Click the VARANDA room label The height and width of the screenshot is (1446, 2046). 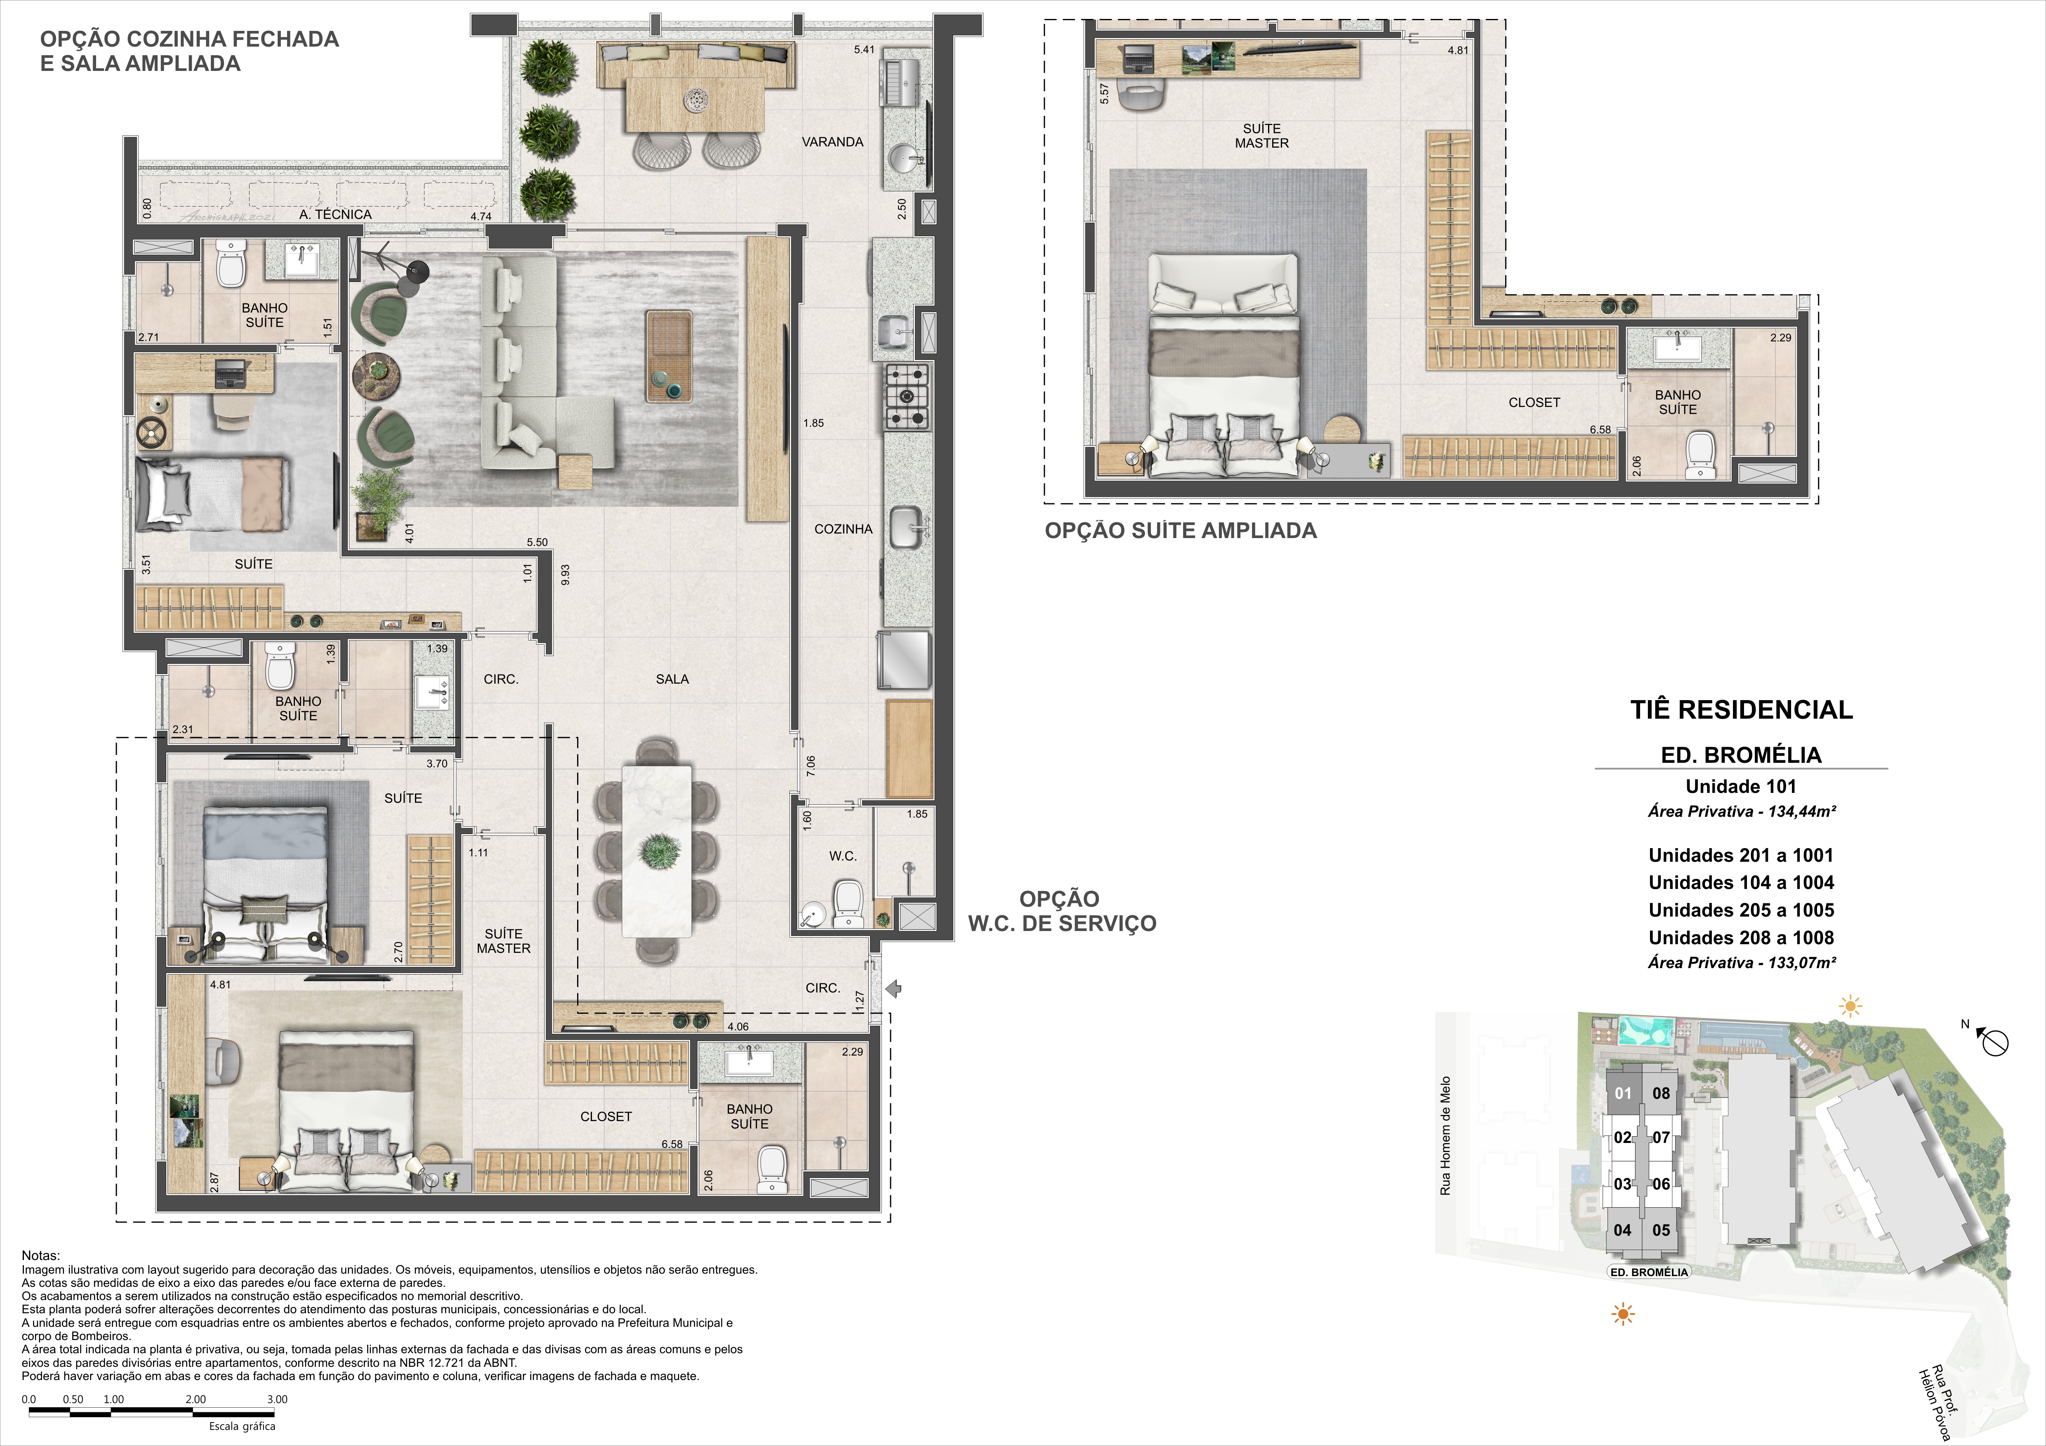[x=832, y=142]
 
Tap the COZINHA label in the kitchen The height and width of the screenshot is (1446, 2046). [x=843, y=529]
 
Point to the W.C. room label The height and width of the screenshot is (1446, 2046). [x=843, y=856]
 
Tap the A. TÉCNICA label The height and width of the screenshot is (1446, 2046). [x=336, y=215]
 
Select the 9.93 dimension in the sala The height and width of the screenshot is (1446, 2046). [x=565, y=575]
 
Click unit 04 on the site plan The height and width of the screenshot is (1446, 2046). [x=1623, y=1230]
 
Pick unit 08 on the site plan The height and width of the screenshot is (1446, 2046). [x=1661, y=1093]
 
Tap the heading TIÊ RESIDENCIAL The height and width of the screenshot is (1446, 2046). [x=1741, y=710]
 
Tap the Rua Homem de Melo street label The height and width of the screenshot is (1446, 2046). [x=1445, y=1136]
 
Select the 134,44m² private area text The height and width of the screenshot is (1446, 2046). [x=1741, y=812]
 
